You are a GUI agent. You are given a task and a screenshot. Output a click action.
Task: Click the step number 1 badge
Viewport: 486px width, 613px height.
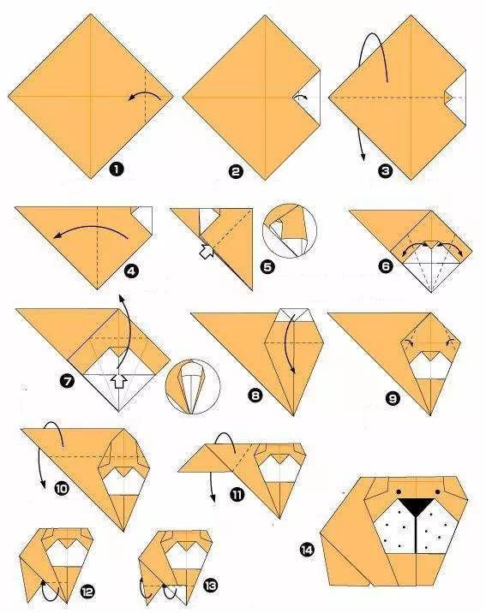point(117,170)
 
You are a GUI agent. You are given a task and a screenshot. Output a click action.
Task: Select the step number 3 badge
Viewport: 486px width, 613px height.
point(386,171)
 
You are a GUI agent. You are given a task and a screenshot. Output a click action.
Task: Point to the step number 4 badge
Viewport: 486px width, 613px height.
point(131,271)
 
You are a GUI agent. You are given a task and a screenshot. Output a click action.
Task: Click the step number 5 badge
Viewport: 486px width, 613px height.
point(267,267)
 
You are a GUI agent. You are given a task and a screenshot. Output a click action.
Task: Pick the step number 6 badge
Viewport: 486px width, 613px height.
point(386,266)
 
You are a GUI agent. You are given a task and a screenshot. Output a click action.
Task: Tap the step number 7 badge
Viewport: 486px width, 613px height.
point(68,381)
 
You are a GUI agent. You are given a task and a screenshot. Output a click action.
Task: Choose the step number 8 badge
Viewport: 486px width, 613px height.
point(255,396)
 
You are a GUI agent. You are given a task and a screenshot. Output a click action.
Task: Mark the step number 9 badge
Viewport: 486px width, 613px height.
point(393,398)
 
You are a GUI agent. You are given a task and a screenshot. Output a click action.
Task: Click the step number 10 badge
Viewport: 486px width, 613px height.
point(63,488)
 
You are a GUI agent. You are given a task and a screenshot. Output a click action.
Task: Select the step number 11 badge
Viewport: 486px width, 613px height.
point(237,496)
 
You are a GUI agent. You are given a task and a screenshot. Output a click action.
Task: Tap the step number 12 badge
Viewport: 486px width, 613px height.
point(87,592)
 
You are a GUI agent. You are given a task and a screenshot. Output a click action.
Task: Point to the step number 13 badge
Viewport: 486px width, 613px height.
point(210,586)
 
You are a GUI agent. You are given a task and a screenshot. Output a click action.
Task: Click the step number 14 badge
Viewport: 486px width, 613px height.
point(307,550)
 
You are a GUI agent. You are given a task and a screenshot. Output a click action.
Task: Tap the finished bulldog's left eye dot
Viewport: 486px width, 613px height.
point(399,491)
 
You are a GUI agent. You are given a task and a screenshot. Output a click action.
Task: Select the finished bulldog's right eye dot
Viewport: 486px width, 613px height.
point(436,491)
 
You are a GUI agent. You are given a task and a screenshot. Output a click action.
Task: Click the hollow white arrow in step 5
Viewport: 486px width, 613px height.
point(207,251)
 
